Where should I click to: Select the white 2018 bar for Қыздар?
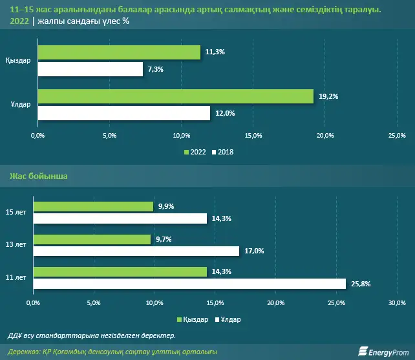click(x=90, y=69)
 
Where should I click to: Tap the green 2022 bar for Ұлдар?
click(x=176, y=96)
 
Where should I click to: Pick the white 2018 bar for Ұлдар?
click(x=123, y=112)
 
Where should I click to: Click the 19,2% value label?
click(x=328, y=96)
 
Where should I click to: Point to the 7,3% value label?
click(x=154, y=69)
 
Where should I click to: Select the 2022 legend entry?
click(x=195, y=152)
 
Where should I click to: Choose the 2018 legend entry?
click(x=222, y=152)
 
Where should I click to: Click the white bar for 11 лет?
click(x=189, y=283)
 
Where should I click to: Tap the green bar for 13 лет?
click(x=91, y=239)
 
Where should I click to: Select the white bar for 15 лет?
click(x=120, y=218)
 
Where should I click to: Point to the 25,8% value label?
click(x=359, y=283)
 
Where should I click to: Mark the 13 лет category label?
click(x=16, y=245)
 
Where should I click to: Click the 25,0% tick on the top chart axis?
click(x=396, y=135)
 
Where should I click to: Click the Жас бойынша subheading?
click(x=37, y=176)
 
